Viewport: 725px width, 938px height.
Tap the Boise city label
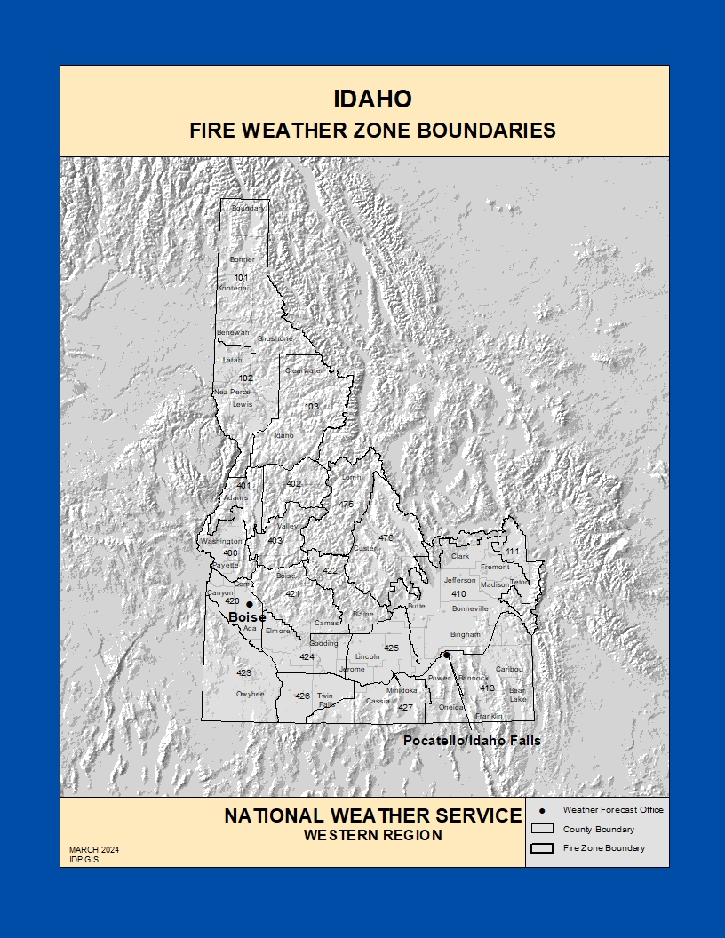[246, 617]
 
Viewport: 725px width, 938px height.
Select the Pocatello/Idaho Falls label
[472, 740]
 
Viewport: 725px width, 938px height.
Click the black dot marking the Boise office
[249, 604]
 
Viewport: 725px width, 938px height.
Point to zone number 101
[242, 278]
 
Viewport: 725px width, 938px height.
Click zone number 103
[311, 407]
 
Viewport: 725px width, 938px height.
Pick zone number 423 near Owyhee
[244, 673]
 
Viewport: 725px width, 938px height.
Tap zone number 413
[487, 688]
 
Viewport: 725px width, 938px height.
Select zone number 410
[458, 593]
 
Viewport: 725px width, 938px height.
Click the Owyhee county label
[250, 694]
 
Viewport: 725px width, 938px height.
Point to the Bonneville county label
[470, 608]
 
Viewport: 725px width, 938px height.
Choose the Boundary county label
[248, 209]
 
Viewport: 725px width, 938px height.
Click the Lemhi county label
[354, 477]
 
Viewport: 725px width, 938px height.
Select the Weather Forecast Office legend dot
[541, 810]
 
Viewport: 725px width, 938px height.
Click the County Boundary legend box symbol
[541, 830]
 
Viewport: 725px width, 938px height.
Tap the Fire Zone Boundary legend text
[604, 848]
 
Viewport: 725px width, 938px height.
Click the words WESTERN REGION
[372, 835]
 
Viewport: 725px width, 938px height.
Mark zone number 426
[302, 696]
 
